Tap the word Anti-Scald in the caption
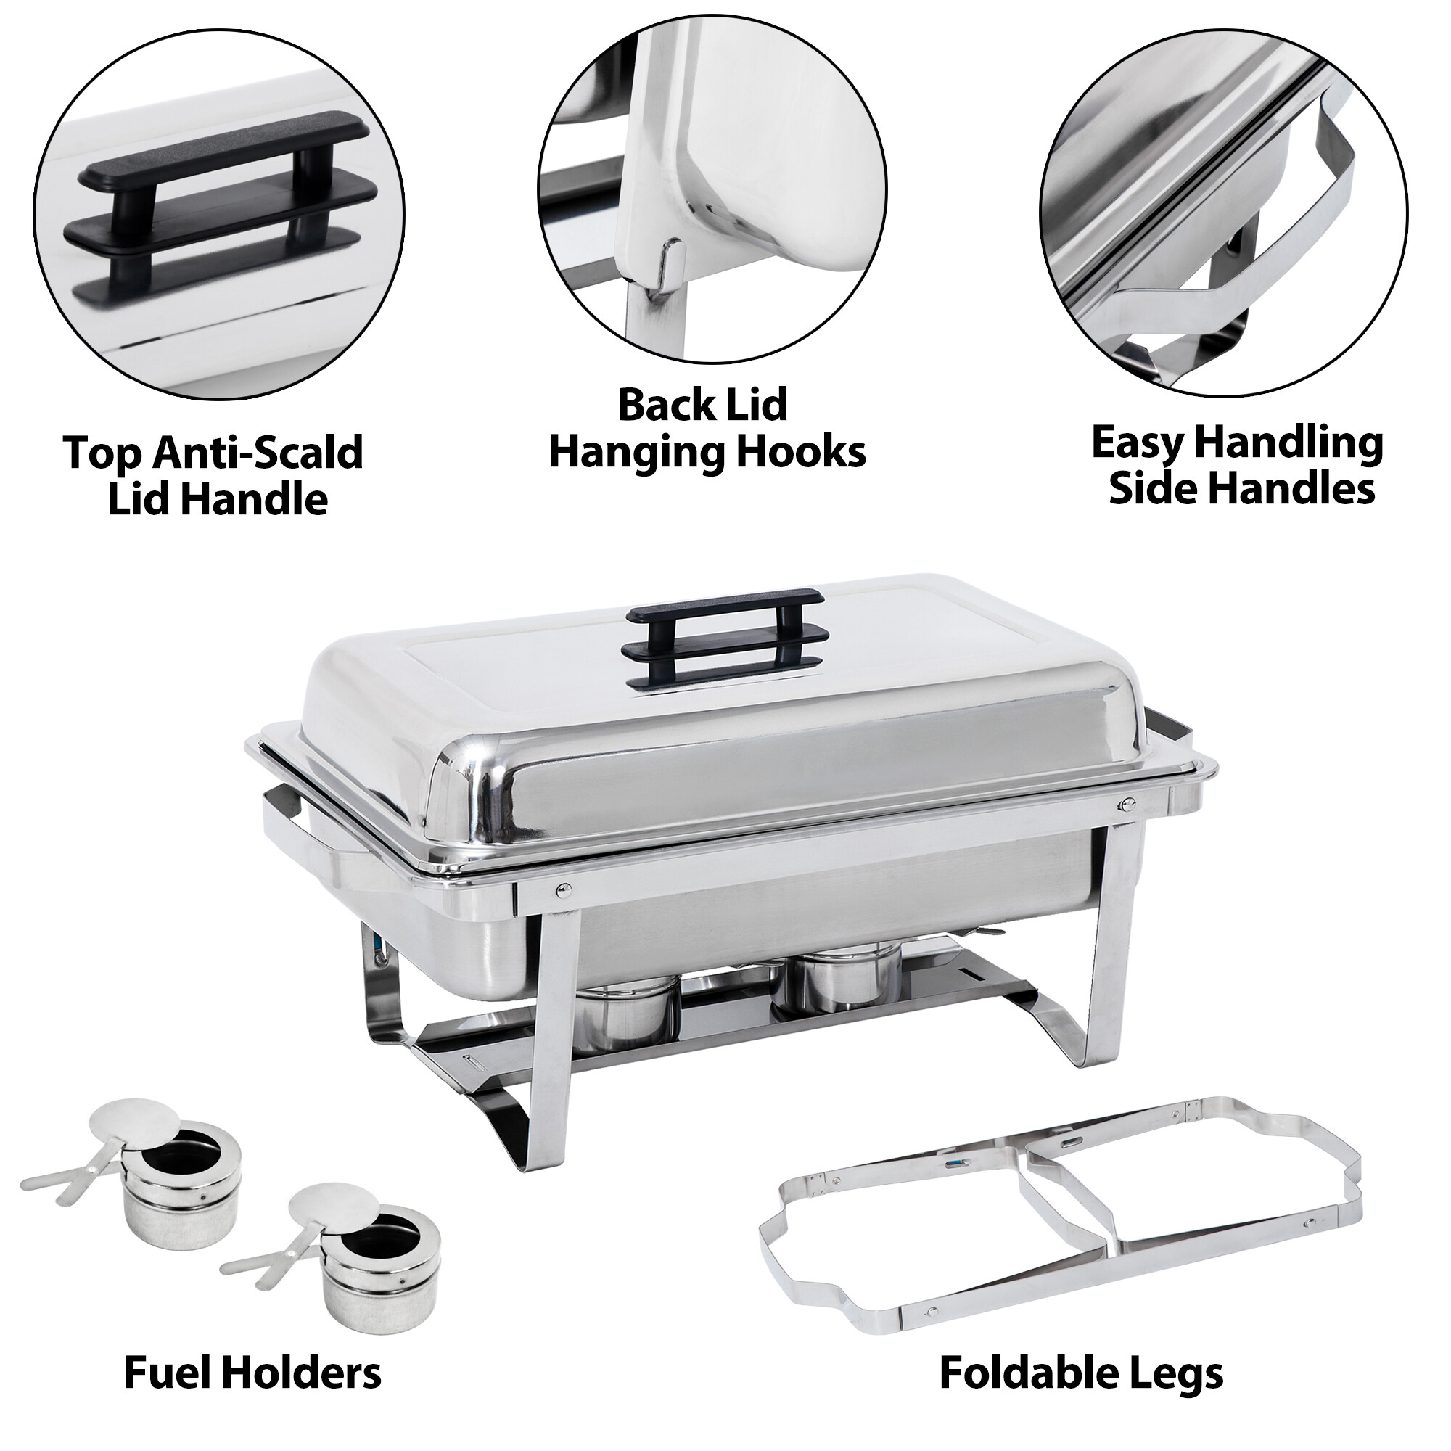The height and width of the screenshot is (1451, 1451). (259, 453)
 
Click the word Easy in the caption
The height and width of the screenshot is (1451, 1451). (1137, 443)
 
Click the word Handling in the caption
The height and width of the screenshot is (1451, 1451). (1288, 443)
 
